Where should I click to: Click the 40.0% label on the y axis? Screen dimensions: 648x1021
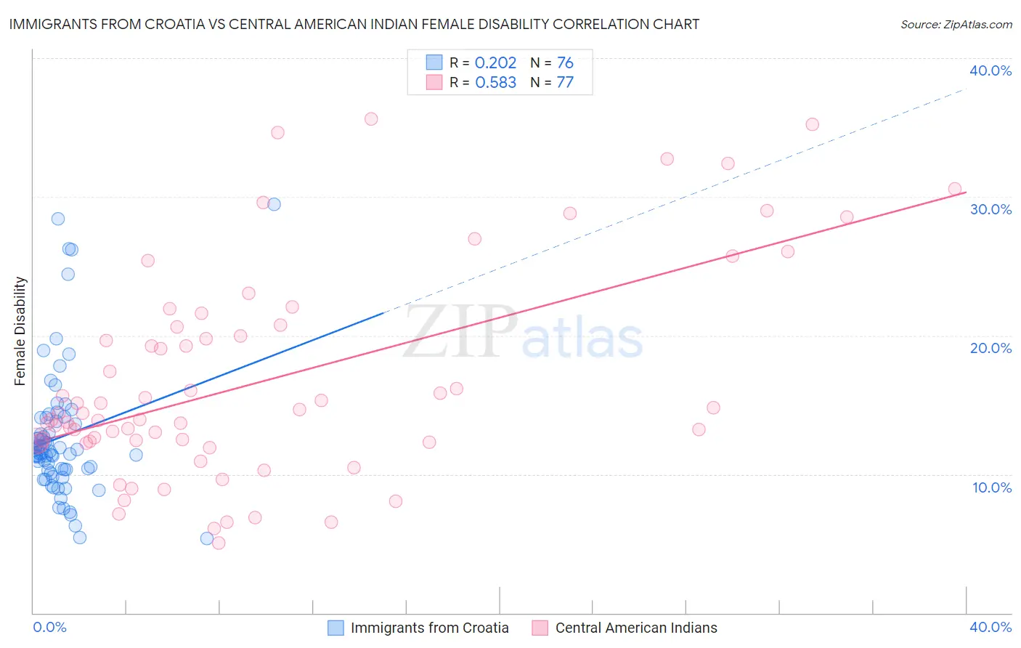click(x=991, y=70)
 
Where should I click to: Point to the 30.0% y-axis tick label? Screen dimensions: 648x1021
click(x=991, y=209)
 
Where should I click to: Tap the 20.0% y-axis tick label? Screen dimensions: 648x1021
click(x=991, y=348)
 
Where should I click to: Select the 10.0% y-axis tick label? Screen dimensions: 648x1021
click(x=992, y=487)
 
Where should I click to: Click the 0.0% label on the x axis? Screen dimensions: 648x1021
click(x=49, y=627)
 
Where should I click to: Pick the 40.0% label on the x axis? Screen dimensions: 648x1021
click(x=991, y=627)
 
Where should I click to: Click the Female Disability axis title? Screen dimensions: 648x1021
click(x=20, y=331)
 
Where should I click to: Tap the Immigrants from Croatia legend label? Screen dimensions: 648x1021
click(x=429, y=628)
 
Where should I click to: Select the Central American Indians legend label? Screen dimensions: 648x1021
click(x=636, y=628)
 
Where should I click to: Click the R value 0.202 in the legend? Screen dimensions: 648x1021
click(x=495, y=63)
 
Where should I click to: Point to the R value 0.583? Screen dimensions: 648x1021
click(x=495, y=83)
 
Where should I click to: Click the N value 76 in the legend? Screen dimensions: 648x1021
click(x=565, y=63)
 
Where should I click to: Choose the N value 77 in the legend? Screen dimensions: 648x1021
click(x=565, y=83)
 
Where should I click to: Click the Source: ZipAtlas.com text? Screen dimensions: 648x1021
click(x=956, y=25)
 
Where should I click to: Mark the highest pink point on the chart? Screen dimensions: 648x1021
click(x=371, y=119)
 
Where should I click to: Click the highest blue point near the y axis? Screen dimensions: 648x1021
click(x=58, y=219)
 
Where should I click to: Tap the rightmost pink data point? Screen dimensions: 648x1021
click(x=955, y=189)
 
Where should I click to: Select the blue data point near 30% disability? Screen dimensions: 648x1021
click(x=274, y=204)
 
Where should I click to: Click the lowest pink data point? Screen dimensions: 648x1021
click(x=219, y=543)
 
